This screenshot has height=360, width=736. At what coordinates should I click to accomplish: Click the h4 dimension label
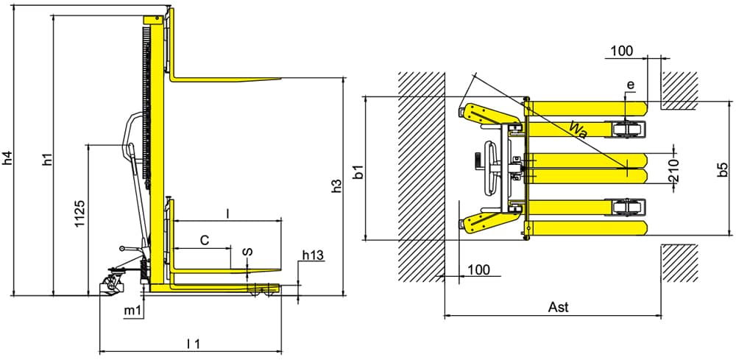click(x=7, y=158)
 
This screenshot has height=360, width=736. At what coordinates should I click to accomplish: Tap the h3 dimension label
click(x=338, y=186)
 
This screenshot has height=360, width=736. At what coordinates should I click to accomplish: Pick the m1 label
click(x=132, y=312)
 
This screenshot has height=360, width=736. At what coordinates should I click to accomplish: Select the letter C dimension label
click(x=205, y=240)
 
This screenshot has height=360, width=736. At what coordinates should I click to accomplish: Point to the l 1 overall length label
click(x=194, y=342)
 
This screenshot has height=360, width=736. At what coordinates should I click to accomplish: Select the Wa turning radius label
click(x=577, y=130)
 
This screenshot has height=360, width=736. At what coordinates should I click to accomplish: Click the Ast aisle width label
click(x=559, y=307)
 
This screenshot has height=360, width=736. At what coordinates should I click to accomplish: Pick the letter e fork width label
click(x=630, y=85)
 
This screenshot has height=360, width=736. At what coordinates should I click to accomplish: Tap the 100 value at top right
click(x=622, y=51)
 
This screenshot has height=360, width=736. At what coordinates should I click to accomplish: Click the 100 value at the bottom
click(x=478, y=269)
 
